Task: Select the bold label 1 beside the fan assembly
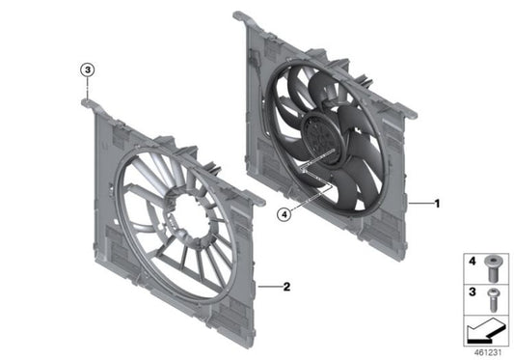coord(437,205)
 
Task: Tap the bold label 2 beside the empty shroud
coord(285,287)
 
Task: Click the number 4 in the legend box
coord(473,261)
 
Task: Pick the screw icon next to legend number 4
coord(494,261)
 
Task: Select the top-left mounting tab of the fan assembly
coord(240,15)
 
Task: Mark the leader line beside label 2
coord(270,287)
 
